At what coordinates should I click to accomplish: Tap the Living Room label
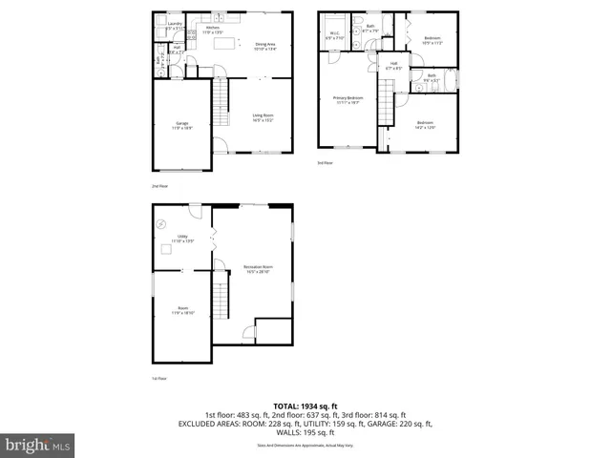[263, 119]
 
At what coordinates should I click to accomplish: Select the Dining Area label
[264, 45]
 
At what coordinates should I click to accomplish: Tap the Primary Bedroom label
[348, 99]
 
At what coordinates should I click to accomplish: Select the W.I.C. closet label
[334, 36]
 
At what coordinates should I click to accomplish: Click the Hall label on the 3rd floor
[392, 67]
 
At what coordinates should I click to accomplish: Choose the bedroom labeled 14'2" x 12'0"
[425, 124]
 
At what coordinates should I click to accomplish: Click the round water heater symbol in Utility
[160, 225]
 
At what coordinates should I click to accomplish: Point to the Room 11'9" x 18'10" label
[182, 309]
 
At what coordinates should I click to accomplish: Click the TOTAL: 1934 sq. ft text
[305, 406]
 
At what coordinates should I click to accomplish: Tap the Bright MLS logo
[38, 445]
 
